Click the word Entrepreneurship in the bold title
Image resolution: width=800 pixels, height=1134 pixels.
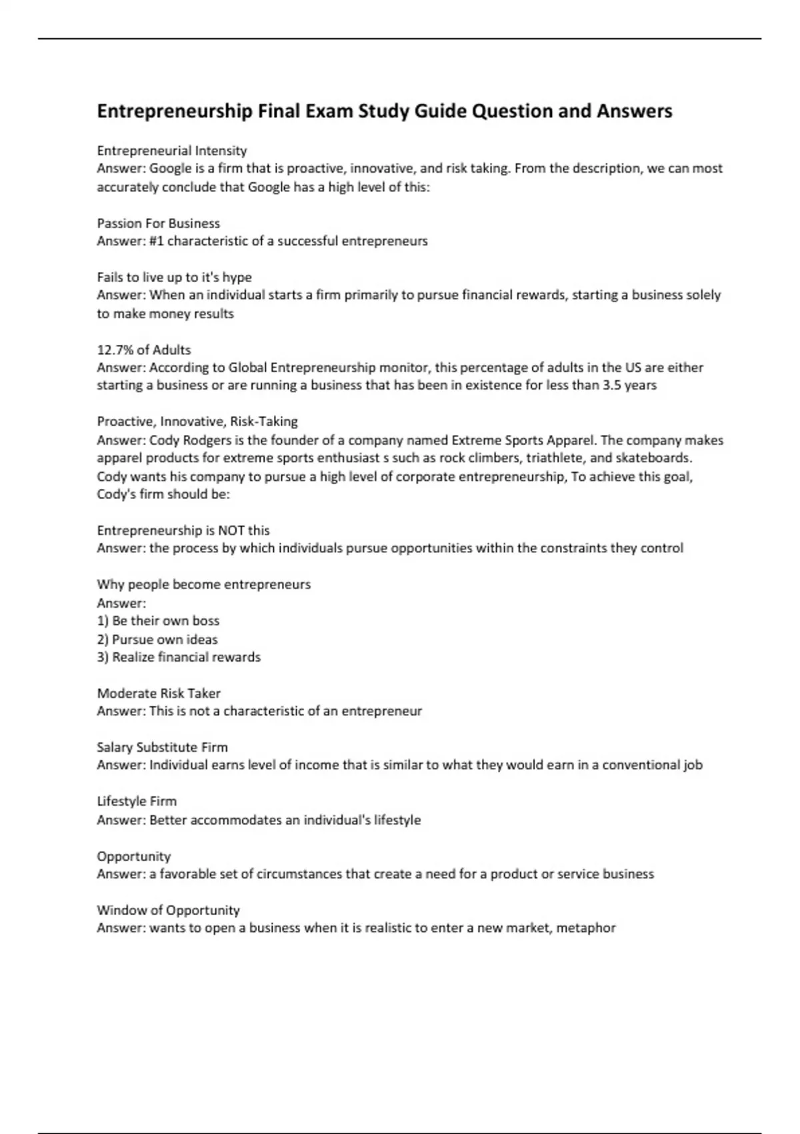click(x=175, y=111)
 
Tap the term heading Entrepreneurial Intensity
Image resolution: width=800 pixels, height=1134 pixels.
click(x=172, y=151)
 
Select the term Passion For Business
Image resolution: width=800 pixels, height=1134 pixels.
click(x=159, y=223)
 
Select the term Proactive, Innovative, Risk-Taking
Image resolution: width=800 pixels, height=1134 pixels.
click(x=197, y=422)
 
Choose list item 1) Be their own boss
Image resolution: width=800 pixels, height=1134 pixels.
click(x=159, y=620)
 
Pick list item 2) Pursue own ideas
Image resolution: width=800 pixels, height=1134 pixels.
click(x=157, y=639)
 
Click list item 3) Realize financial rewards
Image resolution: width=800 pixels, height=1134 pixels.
click(x=179, y=657)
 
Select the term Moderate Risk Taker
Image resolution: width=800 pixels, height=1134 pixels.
click(x=159, y=693)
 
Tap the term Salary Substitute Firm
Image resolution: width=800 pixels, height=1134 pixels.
click(x=163, y=747)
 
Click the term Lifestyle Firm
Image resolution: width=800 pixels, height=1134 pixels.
click(x=137, y=801)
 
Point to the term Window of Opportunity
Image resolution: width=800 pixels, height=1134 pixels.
click(x=168, y=910)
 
